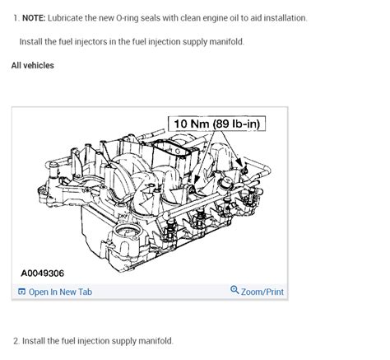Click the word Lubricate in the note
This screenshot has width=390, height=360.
pyautogui.click(x=71, y=17)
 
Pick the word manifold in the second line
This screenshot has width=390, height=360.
pyautogui.click(x=225, y=41)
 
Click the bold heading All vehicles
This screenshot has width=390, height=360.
pyautogui.click(x=33, y=65)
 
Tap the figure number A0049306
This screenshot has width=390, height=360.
pyautogui.click(x=43, y=272)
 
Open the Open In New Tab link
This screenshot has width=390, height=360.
pyautogui.click(x=60, y=292)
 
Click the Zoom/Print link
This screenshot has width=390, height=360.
pyautogui.click(x=262, y=292)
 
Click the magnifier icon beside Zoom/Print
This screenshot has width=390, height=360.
pyautogui.click(x=234, y=291)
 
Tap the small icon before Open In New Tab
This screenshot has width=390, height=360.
pyautogui.click(x=22, y=292)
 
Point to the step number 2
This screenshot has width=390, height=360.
pyautogui.click(x=16, y=340)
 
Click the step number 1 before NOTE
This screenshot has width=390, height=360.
pyautogui.click(x=16, y=17)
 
